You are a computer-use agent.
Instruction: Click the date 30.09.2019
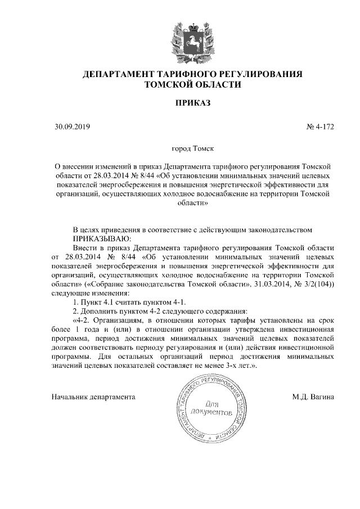[x=69, y=127]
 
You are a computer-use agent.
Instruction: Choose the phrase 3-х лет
[x=236, y=366]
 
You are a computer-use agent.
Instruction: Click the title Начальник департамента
[x=93, y=397]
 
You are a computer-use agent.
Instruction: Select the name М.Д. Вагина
[x=313, y=397]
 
